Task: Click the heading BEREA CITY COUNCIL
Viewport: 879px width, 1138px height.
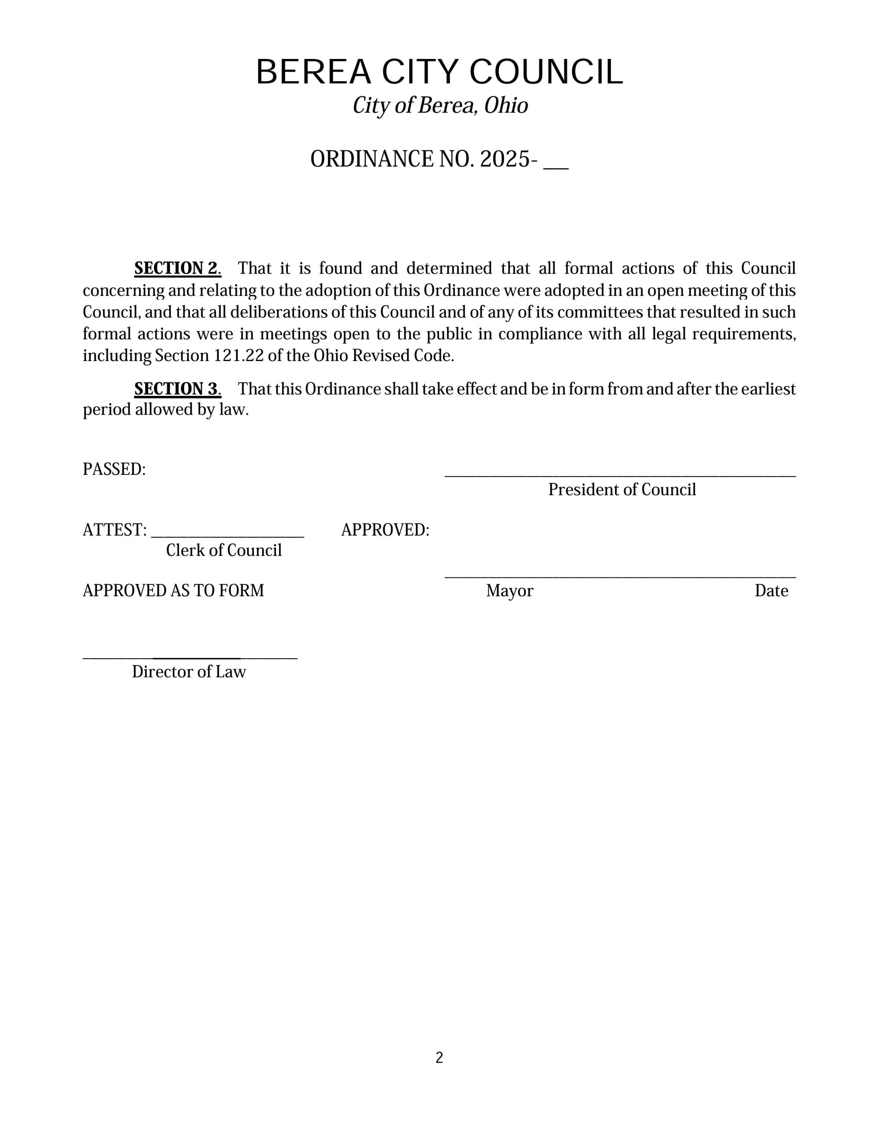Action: [439, 72]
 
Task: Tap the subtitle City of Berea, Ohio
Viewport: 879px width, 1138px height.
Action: [440, 106]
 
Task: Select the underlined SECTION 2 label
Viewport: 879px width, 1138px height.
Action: [176, 268]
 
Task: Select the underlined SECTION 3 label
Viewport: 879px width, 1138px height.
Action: [176, 389]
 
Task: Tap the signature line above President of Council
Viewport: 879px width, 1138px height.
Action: [620, 475]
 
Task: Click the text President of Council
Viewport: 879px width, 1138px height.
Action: [622, 490]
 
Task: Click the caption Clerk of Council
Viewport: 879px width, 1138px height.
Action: [224, 550]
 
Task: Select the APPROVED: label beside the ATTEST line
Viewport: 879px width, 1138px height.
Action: [385, 530]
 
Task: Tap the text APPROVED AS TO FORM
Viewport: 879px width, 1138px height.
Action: [174, 591]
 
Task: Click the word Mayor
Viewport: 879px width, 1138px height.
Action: [509, 591]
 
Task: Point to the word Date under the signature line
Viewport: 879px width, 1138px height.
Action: [771, 591]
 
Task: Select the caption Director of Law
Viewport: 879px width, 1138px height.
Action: [189, 671]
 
